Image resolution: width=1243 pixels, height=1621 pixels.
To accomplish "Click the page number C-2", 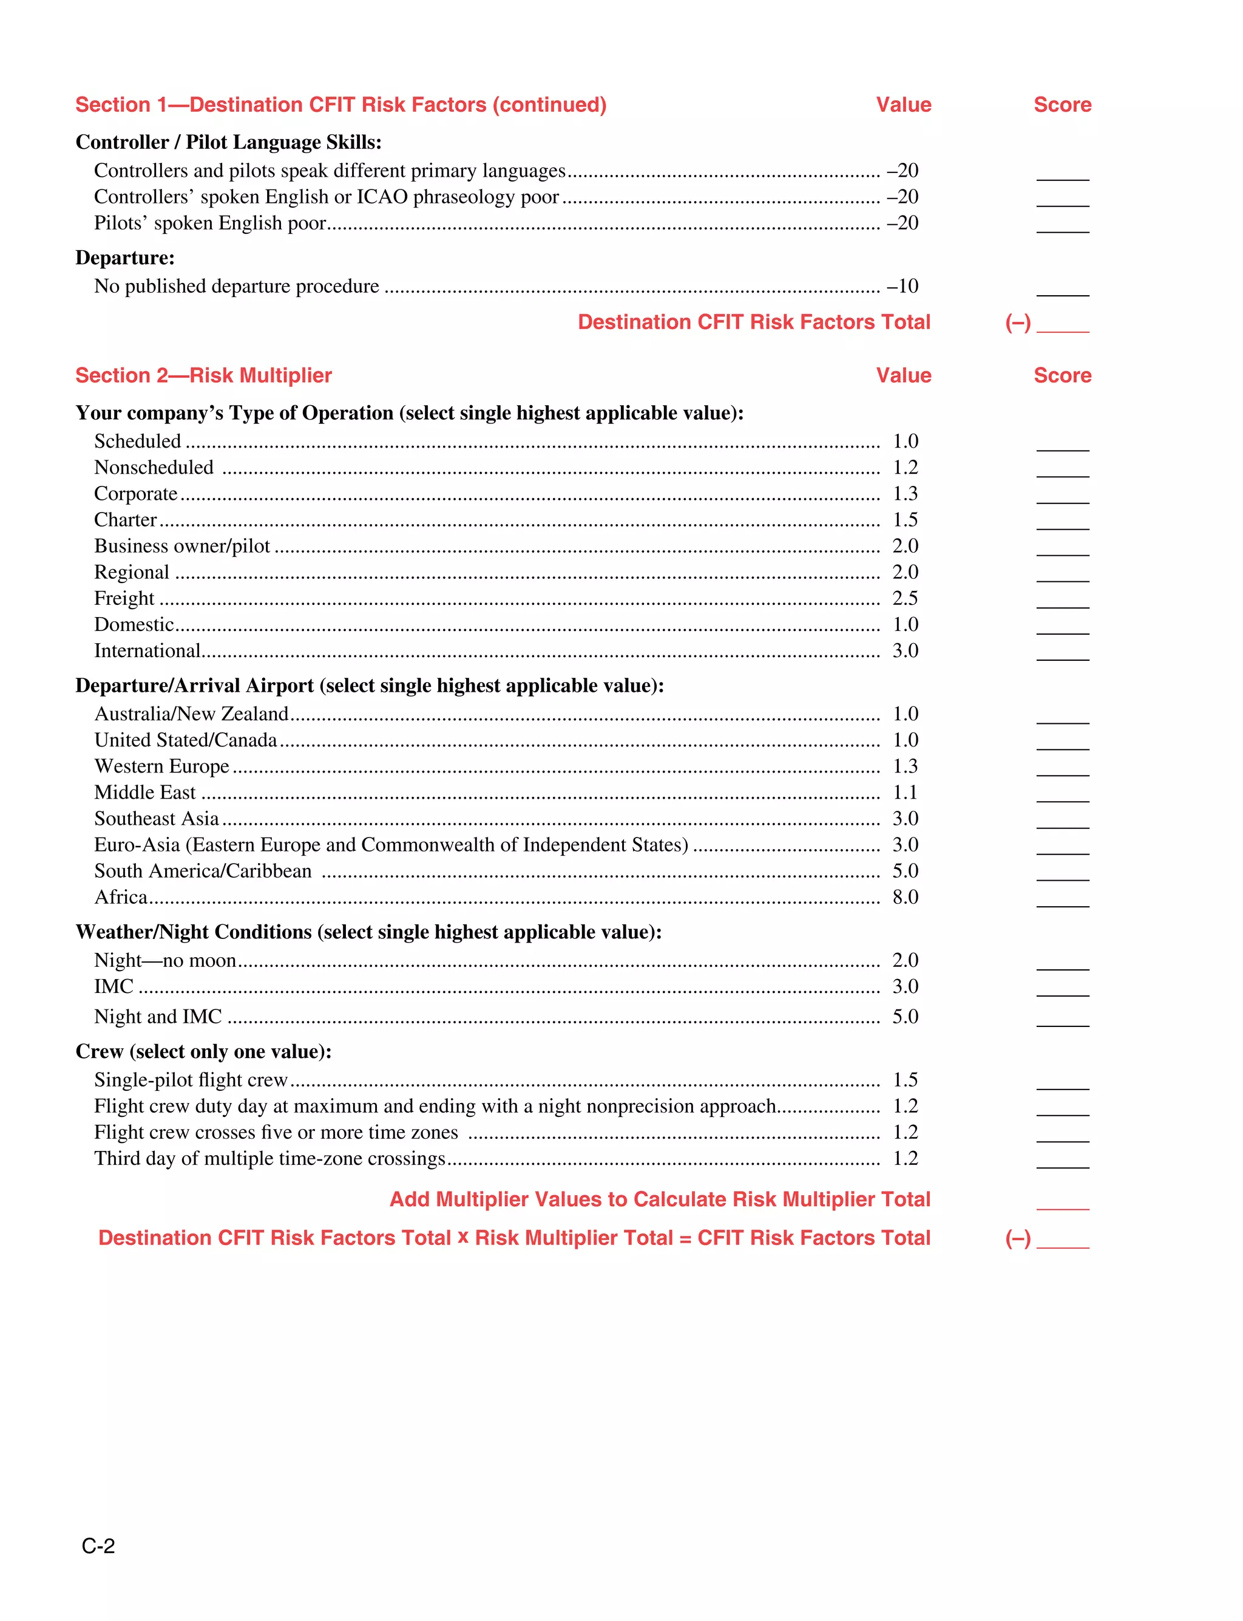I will pos(98,1546).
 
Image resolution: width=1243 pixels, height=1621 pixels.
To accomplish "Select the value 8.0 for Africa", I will pos(904,897).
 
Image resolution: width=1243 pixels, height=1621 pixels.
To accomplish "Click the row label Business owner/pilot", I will pos(182,546).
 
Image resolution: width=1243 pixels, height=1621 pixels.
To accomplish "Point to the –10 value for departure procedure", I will pos(902,287).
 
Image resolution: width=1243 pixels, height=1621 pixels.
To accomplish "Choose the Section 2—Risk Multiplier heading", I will pos(203,375).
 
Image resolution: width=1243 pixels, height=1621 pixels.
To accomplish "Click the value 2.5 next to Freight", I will pos(904,598).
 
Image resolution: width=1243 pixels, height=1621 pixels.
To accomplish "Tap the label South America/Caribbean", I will pos(203,871).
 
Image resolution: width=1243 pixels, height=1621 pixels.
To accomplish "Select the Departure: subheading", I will pos(125,258).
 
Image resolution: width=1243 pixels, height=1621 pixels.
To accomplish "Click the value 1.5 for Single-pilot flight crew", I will pos(904,1080).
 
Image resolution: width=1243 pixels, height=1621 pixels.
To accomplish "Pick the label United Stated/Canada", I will pos(186,740).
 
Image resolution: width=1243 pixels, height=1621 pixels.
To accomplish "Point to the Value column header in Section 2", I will pos(903,375).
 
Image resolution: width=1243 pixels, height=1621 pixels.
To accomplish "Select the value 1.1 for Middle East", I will pos(904,793).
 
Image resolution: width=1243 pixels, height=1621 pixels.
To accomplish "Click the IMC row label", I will pos(114,987).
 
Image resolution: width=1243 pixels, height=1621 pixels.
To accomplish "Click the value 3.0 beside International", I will pos(904,650).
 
